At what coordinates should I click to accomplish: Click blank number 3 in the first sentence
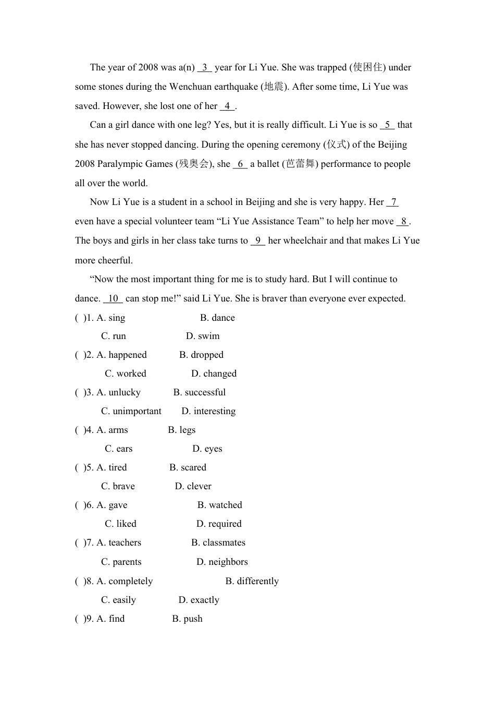[205, 67]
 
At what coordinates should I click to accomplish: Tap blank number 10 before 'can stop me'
[113, 298]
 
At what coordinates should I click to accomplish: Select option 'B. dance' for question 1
[217, 318]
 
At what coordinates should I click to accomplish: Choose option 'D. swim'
[203, 336]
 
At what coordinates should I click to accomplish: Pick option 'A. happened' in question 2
[121, 355]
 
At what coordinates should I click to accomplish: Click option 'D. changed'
[214, 373]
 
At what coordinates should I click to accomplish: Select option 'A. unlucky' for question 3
[118, 392]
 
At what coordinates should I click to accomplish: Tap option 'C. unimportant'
[131, 411]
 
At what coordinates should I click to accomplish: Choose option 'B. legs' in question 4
[182, 430]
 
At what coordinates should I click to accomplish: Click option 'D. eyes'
[207, 449]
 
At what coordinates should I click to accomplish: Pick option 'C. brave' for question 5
[118, 486]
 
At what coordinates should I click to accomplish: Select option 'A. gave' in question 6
[112, 505]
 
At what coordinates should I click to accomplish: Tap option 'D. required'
[219, 524]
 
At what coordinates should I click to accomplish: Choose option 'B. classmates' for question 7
[218, 542]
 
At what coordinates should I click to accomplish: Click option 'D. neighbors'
[222, 562]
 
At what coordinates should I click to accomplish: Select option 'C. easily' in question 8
[118, 600]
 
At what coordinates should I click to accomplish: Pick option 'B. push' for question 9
[187, 619]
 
